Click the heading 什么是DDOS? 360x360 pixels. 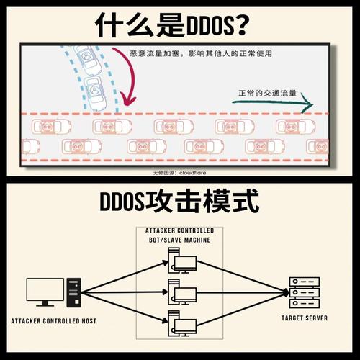click(x=172, y=24)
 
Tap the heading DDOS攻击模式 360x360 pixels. click(x=179, y=200)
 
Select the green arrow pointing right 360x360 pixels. click(x=273, y=103)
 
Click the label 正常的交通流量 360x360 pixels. click(x=267, y=93)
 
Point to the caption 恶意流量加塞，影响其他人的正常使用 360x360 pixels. click(x=201, y=53)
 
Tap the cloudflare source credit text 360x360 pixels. click(x=179, y=173)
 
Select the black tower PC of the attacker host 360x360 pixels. click(x=73, y=293)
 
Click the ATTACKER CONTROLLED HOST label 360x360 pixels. click(x=53, y=321)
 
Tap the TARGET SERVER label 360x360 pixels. click(x=305, y=318)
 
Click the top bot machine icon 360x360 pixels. click(x=182, y=261)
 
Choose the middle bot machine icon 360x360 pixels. click(x=182, y=292)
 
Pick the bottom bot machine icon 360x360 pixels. click(x=182, y=323)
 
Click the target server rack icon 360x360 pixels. click(x=305, y=292)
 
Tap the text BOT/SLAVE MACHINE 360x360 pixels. click(x=179, y=240)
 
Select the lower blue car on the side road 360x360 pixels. click(x=96, y=93)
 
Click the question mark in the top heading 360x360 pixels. click(x=242, y=24)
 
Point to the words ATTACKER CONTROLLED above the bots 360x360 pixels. click(x=179, y=230)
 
